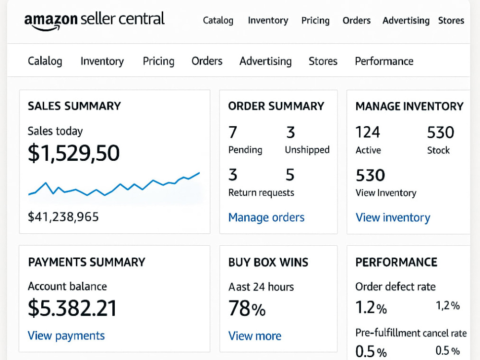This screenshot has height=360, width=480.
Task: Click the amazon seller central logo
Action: click(x=94, y=21)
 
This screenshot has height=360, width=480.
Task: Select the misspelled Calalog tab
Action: click(x=45, y=61)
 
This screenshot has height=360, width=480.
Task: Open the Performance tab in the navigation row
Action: click(x=384, y=61)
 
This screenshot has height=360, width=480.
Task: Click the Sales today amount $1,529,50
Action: click(x=73, y=153)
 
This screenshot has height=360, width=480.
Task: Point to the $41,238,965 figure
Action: click(x=63, y=217)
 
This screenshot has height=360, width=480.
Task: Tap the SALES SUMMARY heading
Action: click(x=74, y=106)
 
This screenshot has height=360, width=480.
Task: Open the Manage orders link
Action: click(x=266, y=217)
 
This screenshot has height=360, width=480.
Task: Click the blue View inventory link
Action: click(x=393, y=217)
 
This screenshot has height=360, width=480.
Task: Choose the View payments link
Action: click(x=66, y=336)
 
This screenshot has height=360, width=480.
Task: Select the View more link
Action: click(x=255, y=336)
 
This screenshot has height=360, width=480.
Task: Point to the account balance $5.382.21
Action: click(x=72, y=308)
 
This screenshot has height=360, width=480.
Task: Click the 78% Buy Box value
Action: click(x=247, y=308)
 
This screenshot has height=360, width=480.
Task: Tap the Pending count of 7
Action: click(x=233, y=132)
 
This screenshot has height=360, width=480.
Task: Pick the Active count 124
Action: click(x=368, y=132)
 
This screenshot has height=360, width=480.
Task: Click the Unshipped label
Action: click(x=307, y=150)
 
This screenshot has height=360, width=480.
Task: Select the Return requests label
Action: click(x=261, y=192)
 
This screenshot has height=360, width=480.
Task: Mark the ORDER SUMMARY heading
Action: click(x=276, y=106)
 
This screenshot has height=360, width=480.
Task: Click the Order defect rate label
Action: click(x=396, y=287)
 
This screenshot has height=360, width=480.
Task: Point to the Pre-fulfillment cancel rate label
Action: click(x=411, y=333)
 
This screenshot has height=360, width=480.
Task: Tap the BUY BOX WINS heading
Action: click(x=268, y=263)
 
